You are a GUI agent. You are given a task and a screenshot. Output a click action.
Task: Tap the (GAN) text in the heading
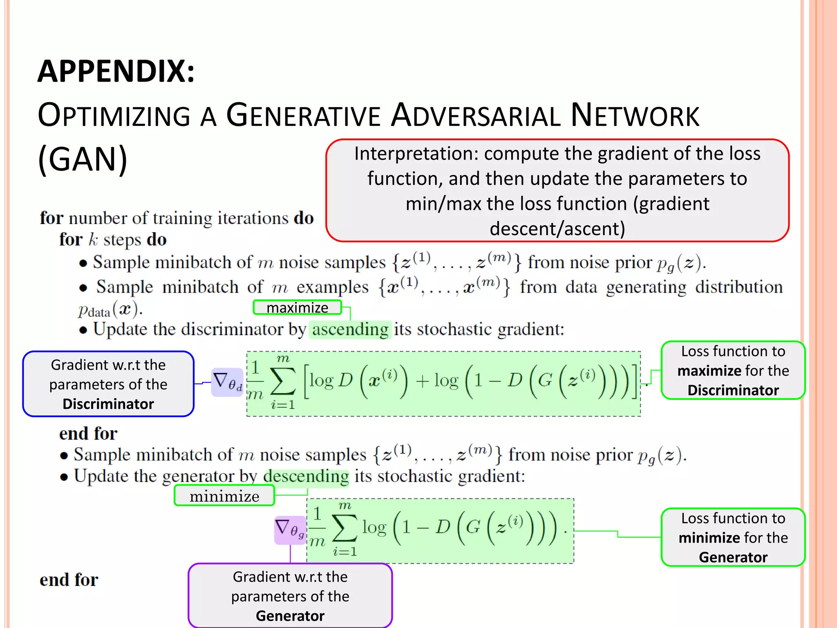(83, 159)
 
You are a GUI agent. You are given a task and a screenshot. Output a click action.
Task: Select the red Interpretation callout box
(557, 191)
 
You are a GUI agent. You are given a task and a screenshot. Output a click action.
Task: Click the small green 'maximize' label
(297, 307)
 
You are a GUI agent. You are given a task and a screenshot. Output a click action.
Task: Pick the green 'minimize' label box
(224, 496)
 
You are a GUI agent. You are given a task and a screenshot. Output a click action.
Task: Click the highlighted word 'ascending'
(350, 330)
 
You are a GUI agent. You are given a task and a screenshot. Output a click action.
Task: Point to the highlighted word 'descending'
(307, 476)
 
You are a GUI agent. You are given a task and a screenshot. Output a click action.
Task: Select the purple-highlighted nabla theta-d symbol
(227, 382)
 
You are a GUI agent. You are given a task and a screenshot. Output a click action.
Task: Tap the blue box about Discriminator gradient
(108, 384)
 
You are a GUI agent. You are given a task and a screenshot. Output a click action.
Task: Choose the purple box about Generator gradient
(290, 596)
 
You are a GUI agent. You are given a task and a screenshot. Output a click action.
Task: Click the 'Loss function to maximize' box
(733, 370)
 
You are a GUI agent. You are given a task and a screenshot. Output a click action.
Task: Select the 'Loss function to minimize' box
(733, 537)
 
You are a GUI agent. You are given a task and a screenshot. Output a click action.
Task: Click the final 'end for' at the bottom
(69, 580)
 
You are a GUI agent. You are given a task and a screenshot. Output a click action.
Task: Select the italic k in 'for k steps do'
(93, 240)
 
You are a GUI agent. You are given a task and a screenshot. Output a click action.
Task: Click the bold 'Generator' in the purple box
(290, 616)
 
